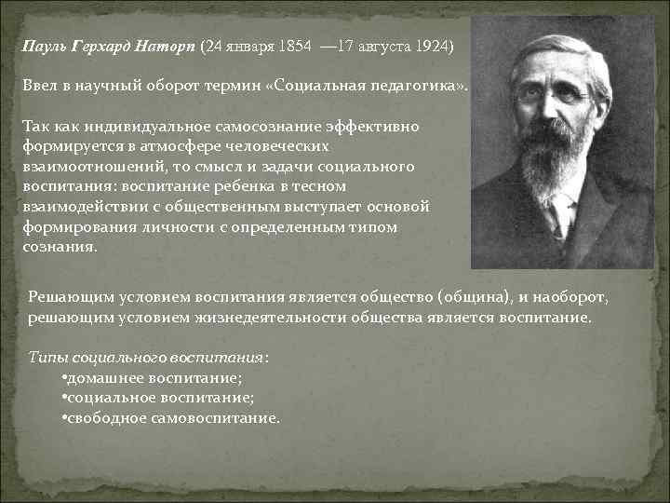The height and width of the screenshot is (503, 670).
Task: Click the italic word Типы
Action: click(47, 357)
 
